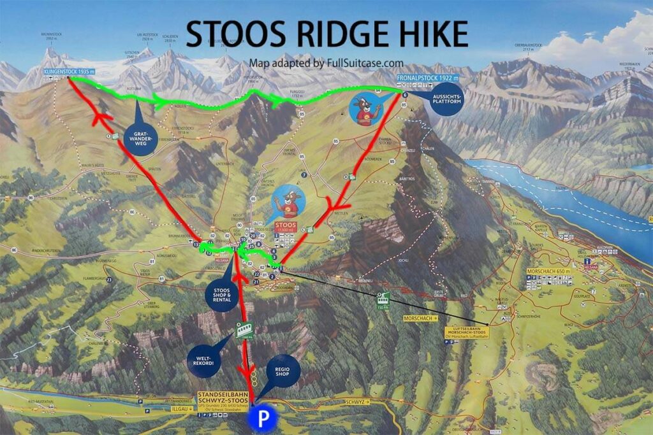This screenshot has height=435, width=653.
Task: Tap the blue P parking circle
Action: (263, 419)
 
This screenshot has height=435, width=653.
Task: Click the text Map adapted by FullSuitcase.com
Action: (326, 63)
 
